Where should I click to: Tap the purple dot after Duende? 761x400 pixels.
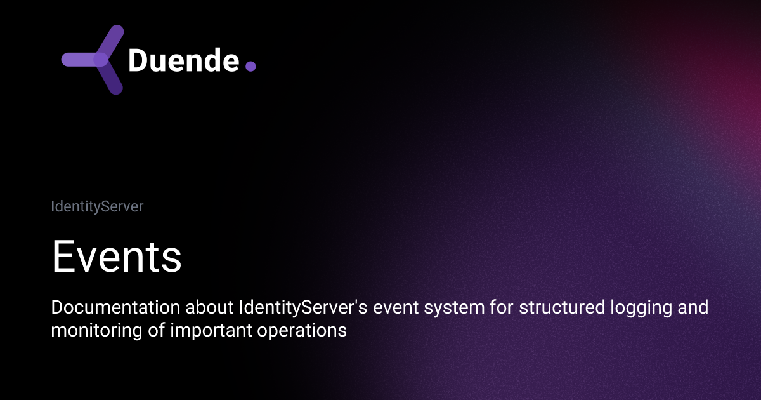click(x=250, y=66)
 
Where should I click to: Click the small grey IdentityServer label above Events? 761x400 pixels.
click(x=97, y=206)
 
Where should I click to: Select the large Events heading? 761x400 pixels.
click(x=117, y=257)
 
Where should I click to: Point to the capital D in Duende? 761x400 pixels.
click(x=138, y=60)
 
